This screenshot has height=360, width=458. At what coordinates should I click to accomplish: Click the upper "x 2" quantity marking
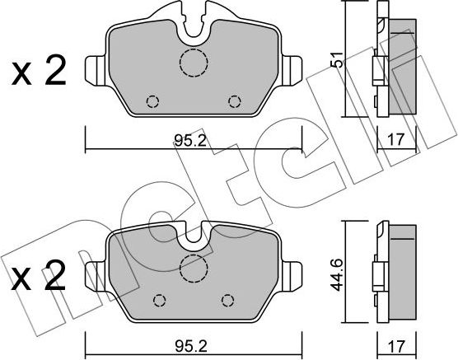38,73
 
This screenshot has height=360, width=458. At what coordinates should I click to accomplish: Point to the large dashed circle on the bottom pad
194,265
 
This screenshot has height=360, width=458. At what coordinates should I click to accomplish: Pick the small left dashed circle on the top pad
152,101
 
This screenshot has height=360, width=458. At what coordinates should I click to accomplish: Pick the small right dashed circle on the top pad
236,101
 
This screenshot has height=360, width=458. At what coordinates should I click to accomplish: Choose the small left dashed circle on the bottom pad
161,299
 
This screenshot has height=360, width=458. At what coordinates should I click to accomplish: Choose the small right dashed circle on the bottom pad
227,299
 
